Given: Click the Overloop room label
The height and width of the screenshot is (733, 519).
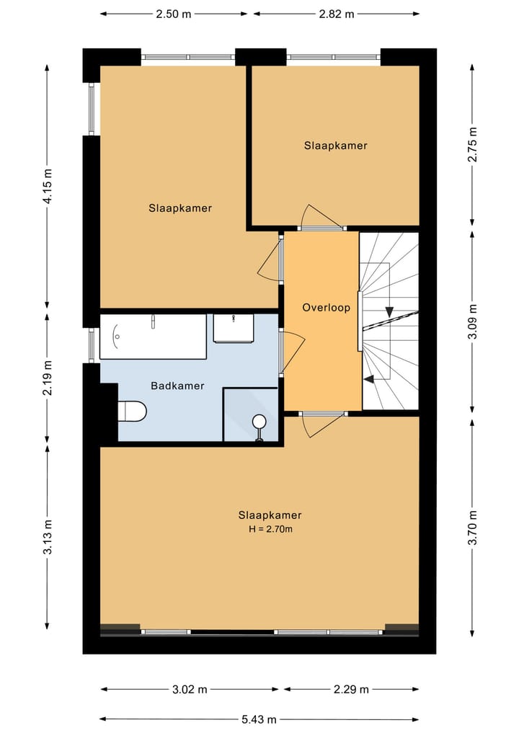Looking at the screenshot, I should click(326, 308).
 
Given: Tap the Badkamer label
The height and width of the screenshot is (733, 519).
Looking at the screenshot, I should click(177, 386).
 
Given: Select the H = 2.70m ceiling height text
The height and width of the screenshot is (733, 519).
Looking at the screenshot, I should click(270, 529).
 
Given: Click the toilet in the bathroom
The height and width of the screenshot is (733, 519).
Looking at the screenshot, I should click(133, 412).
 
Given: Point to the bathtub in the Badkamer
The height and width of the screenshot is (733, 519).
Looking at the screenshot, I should click(153, 337).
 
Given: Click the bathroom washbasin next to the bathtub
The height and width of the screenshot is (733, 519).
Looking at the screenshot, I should click(234, 329).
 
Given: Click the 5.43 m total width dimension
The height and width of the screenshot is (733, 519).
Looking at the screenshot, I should click(259, 719).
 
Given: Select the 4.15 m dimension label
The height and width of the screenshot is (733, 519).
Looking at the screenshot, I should click(48, 187).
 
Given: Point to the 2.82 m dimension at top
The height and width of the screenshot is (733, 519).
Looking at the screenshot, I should click(337, 14).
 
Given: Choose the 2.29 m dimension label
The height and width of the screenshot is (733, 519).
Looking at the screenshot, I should click(351, 690).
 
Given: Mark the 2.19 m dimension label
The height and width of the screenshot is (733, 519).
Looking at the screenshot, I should click(48, 378).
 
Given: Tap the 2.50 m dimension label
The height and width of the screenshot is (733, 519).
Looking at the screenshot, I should click(174, 14).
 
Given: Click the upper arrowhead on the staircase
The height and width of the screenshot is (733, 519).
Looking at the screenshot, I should click(389, 312).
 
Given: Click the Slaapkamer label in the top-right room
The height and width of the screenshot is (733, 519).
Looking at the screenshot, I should click(335, 146).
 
